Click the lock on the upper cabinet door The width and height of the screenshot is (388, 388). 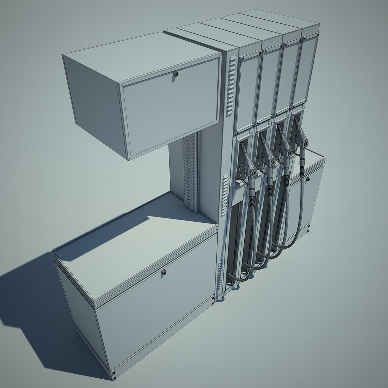[176, 74]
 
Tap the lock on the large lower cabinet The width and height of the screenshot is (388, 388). [164, 273]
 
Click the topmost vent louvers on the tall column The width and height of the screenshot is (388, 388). [231, 86]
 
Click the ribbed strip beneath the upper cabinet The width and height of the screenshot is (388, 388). [189, 172]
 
